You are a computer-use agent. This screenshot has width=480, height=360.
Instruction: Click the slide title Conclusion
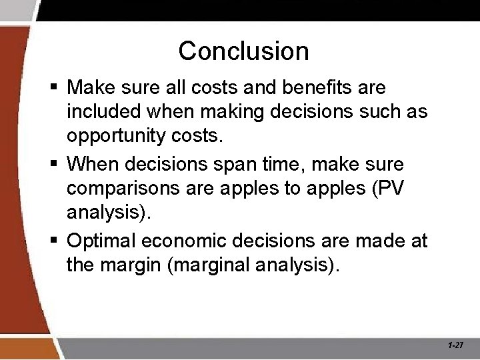click(243, 51)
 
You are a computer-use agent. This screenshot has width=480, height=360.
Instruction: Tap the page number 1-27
click(456, 345)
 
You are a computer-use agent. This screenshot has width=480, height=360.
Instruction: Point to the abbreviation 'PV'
click(390, 188)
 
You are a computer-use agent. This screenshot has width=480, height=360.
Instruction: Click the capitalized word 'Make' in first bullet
click(92, 88)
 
